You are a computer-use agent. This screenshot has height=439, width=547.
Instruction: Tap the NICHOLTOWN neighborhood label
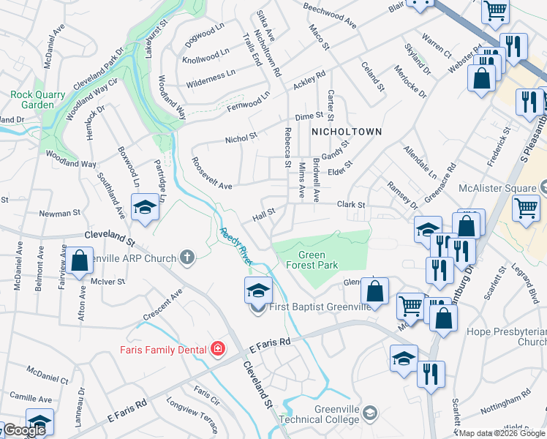click(347, 132)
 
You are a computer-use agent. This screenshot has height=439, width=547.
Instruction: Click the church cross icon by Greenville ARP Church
click(187, 258)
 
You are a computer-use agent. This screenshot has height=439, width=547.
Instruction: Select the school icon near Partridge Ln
click(145, 208)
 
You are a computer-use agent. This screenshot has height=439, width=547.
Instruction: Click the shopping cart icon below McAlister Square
click(526, 209)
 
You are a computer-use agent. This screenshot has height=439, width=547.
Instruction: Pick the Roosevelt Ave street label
click(211, 174)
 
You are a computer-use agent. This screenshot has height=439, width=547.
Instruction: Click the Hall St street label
click(263, 214)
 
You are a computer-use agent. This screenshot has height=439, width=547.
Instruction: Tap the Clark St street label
click(350, 206)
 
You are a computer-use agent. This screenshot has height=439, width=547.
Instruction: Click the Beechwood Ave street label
click(329, 15)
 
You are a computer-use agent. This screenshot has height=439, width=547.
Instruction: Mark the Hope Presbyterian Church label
click(506, 337)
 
